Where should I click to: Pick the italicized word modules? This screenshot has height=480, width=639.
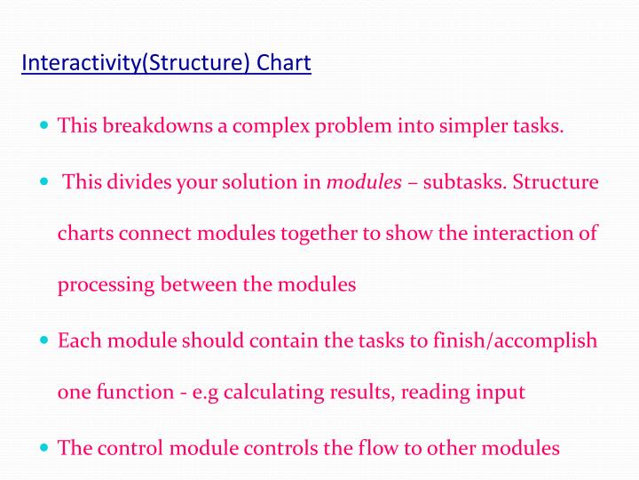click(x=364, y=182)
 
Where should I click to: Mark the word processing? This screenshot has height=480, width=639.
click(x=106, y=284)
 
